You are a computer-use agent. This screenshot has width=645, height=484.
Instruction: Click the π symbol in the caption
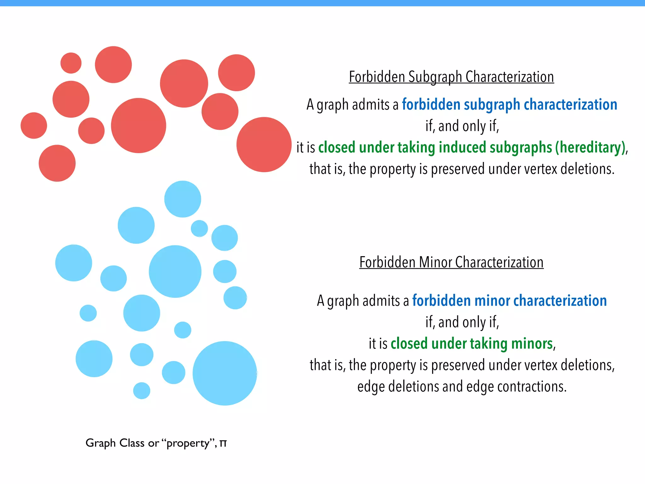(x=223, y=443)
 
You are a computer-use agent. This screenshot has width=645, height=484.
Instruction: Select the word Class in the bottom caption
(x=132, y=443)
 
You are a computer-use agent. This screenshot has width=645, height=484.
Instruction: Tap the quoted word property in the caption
(x=188, y=443)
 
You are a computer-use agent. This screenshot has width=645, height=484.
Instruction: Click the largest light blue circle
(x=225, y=373)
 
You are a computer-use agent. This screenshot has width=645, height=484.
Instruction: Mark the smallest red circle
(x=71, y=63)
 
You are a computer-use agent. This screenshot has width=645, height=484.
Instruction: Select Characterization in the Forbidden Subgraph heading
(x=510, y=77)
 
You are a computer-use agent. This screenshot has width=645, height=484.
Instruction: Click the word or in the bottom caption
(x=153, y=443)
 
